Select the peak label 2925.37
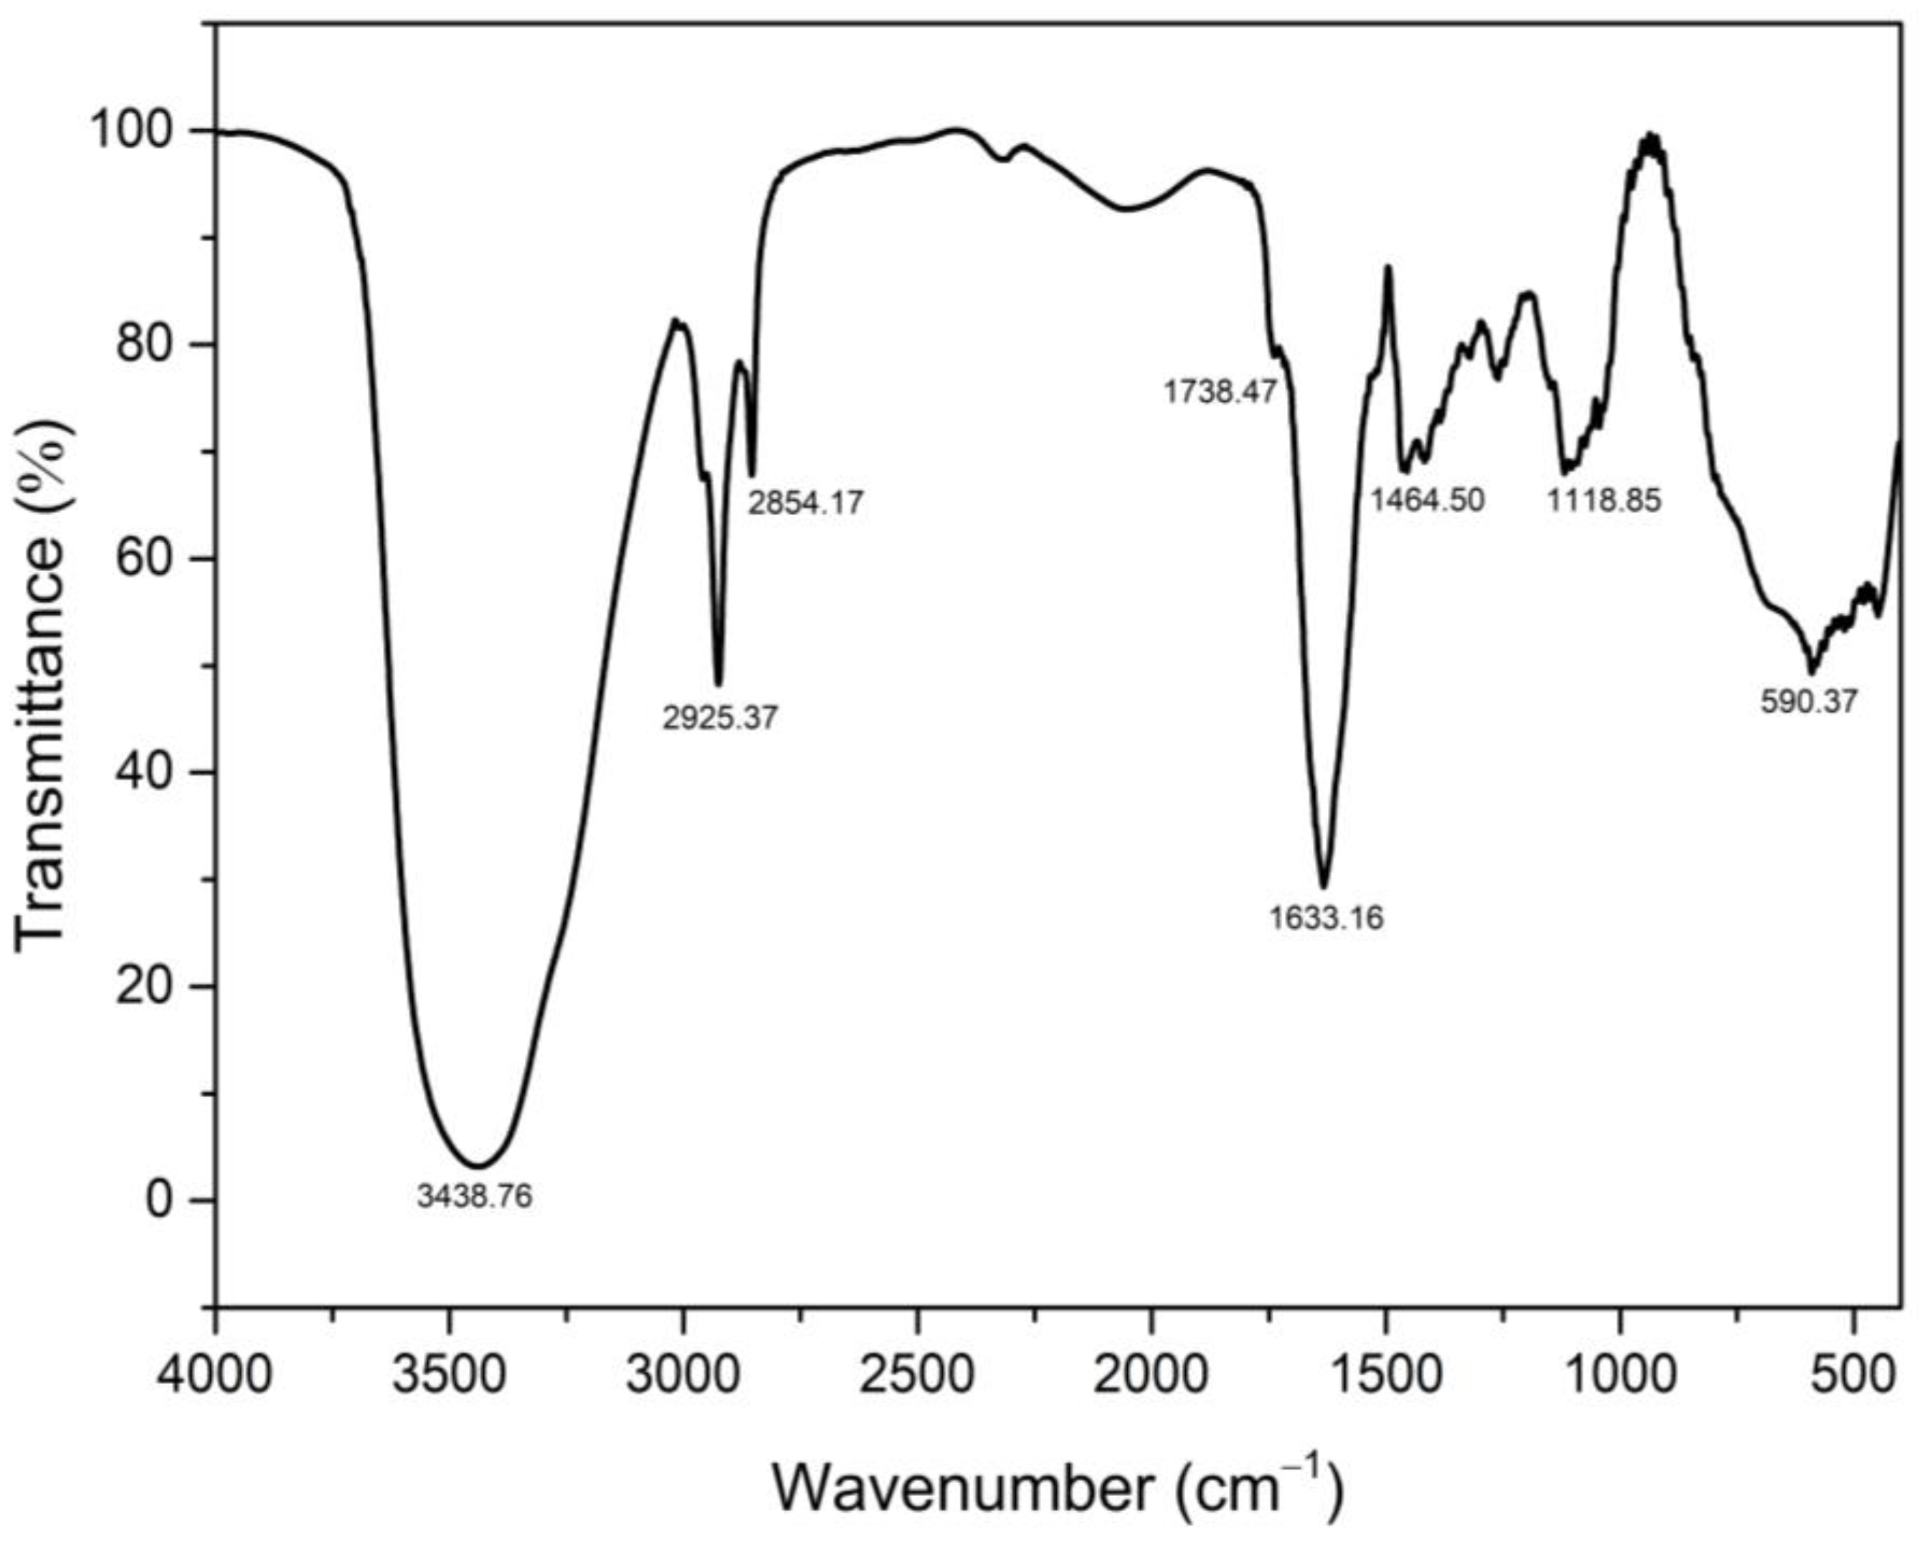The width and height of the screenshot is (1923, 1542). pos(720,718)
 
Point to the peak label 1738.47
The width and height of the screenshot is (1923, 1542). pos(1221,391)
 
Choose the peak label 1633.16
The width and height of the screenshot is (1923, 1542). pos(1326,918)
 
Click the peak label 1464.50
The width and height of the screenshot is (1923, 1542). pos(1427,499)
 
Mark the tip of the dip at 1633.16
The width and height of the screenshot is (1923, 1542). pos(1326,887)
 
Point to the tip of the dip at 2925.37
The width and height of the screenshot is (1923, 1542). pos(719,685)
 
